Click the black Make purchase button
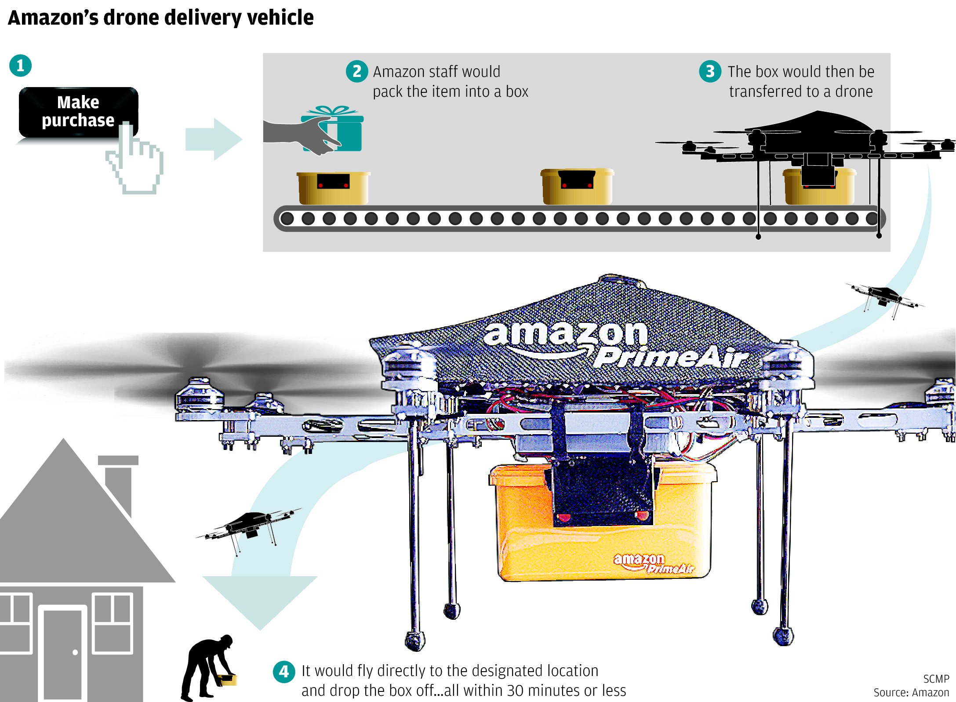pyautogui.click(x=78, y=112)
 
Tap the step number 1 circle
pyautogui.click(x=20, y=66)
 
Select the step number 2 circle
pyautogui.click(x=356, y=71)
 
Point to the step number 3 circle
pyautogui.click(x=710, y=71)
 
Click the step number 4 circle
pyautogui.click(x=284, y=672)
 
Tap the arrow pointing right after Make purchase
pyautogui.click(x=214, y=139)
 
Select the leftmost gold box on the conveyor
pyautogui.click(x=333, y=188)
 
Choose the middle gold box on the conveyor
pyautogui.click(x=577, y=186)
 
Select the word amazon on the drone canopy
pyautogui.click(x=565, y=333)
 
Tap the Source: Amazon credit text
pyautogui.click(x=911, y=693)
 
